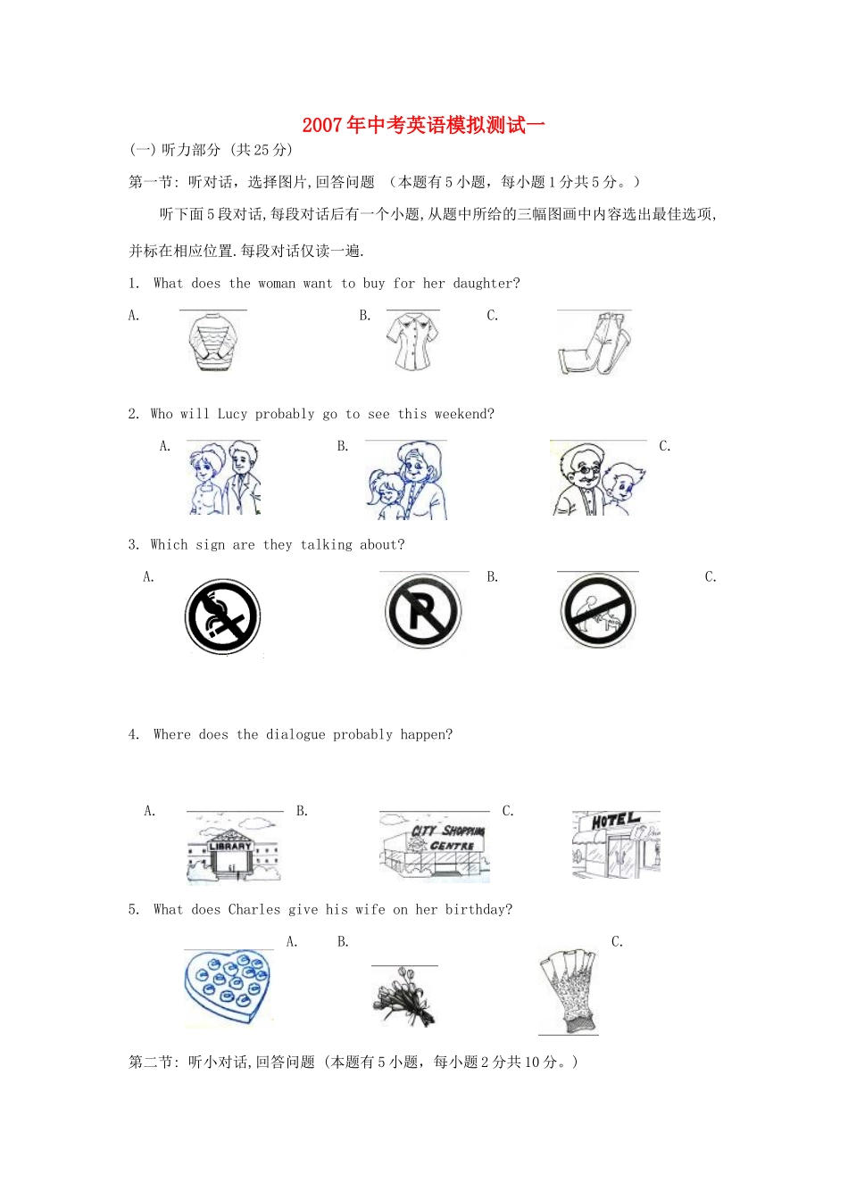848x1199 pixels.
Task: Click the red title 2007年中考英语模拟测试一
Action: click(423, 125)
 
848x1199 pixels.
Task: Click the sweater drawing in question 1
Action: click(213, 342)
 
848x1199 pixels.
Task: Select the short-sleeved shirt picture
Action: click(412, 342)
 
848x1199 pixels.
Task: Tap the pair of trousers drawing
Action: click(594, 343)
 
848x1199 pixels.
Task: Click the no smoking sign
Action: click(222, 616)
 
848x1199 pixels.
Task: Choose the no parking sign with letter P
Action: click(423, 612)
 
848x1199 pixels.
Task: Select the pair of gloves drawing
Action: click(569, 990)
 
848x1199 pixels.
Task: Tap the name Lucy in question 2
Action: click(232, 414)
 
